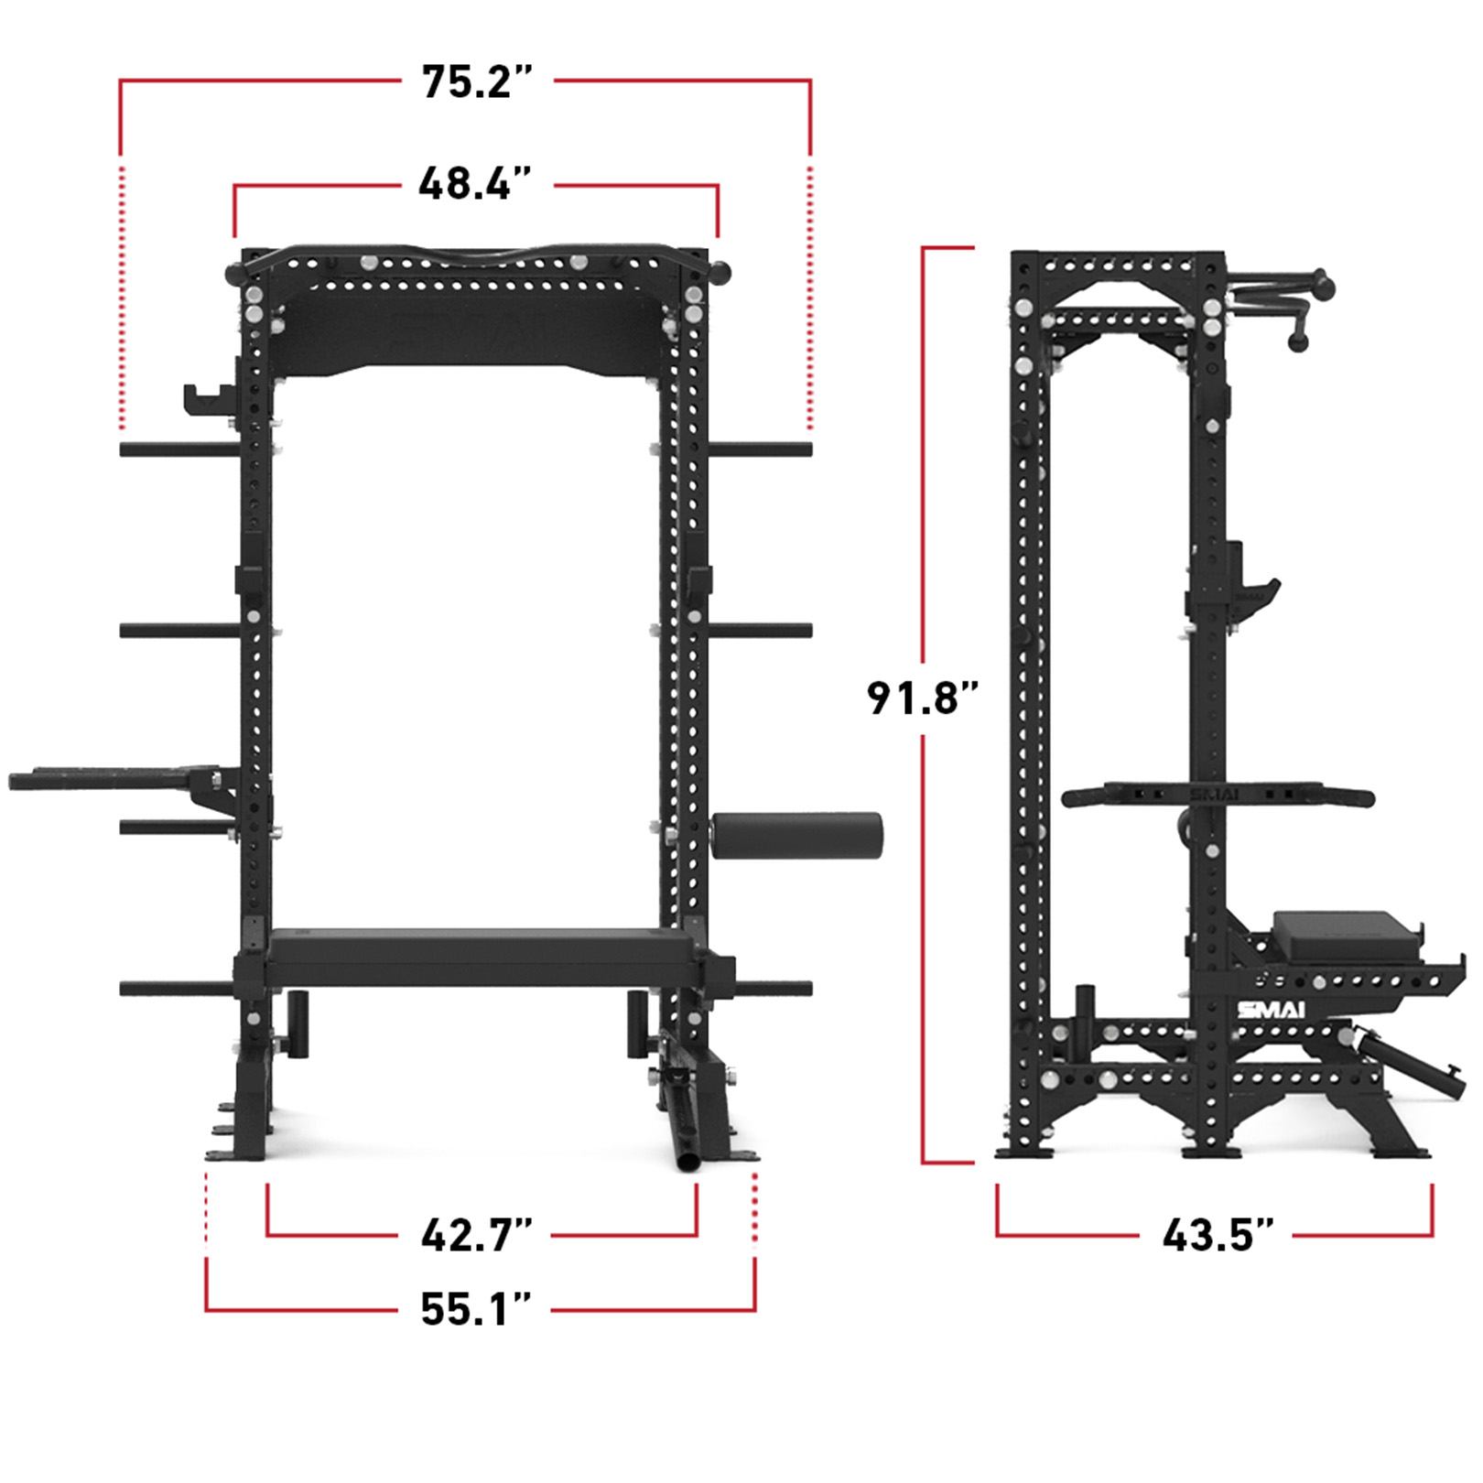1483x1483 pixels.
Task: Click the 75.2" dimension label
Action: pos(476,81)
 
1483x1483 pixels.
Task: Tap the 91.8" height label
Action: pos(922,698)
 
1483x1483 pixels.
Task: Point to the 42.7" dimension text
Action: pos(476,1235)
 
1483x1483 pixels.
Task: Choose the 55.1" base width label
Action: pos(475,1310)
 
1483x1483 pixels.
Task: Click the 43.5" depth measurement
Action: pos(1218,1235)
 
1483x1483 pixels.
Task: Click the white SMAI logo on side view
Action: pos(1271,1010)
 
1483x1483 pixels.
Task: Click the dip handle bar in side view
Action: pos(1218,796)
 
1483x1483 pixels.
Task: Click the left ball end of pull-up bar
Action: pos(234,272)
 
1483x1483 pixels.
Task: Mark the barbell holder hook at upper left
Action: pos(207,398)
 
